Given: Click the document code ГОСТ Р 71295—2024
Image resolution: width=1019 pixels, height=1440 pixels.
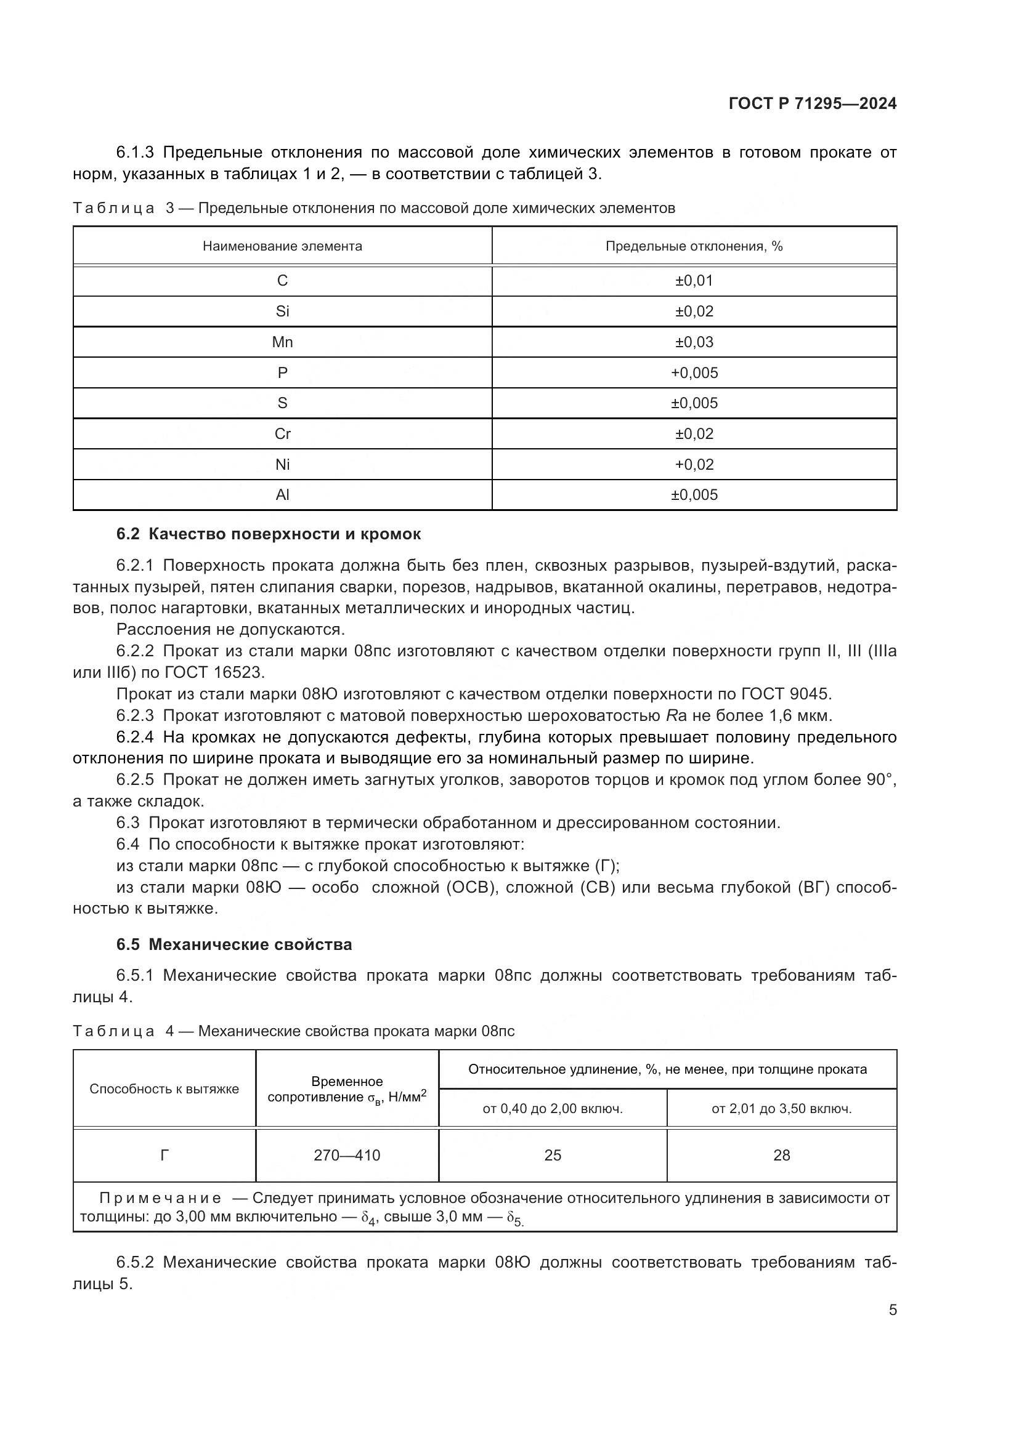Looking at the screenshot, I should click(x=813, y=104).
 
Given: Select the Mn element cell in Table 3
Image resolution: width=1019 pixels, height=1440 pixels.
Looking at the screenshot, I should click(x=282, y=342).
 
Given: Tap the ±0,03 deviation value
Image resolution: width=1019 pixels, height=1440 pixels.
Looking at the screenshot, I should click(x=694, y=342).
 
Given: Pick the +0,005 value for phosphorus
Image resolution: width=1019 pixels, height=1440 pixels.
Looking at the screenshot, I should click(x=694, y=372).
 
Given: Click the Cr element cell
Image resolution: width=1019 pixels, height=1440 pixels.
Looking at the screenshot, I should click(x=282, y=434).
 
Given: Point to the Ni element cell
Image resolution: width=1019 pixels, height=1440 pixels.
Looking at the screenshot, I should click(x=282, y=465).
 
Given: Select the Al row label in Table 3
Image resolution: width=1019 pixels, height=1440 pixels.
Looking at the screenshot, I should click(x=282, y=495).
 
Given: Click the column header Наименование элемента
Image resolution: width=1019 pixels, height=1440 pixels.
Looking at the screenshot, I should click(x=282, y=246).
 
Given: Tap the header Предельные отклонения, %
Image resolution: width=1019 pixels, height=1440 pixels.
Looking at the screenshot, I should click(x=694, y=246).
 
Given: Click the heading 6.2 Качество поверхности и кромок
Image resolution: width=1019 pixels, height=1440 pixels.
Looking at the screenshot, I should click(x=269, y=534).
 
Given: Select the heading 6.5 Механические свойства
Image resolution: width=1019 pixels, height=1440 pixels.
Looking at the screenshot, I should click(x=234, y=944).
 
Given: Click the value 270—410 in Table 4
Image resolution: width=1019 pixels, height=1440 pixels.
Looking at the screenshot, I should click(x=347, y=1155).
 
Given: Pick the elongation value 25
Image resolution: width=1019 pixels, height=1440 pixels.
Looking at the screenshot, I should click(x=553, y=1155).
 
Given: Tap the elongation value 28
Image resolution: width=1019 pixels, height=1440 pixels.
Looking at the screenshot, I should click(x=782, y=1155).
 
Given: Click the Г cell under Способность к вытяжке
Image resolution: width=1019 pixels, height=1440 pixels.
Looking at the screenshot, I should click(x=164, y=1155).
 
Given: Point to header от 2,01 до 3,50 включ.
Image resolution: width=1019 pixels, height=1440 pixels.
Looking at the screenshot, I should click(x=782, y=1109).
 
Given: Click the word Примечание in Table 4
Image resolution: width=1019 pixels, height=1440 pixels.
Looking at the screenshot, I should click(x=160, y=1199).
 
